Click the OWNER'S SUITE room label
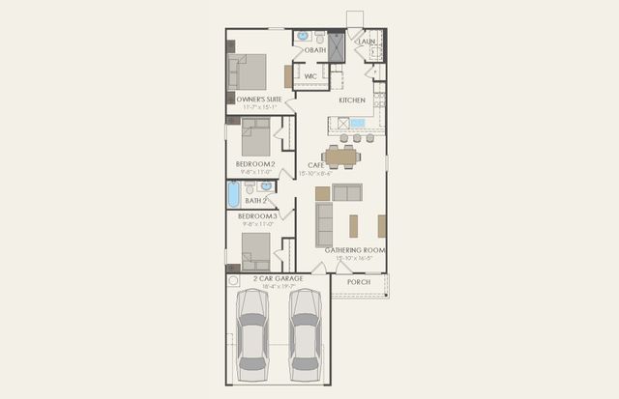[259, 99]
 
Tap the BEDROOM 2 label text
[256, 164]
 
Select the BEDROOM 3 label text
[257, 215]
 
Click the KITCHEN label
[351, 100]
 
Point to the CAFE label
[315, 165]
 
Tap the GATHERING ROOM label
[355, 250]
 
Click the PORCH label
[359, 282]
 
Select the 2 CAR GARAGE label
[279, 278]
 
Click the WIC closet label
[310, 75]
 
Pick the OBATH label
[315, 49]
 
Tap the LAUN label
[367, 42]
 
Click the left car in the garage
[252, 334]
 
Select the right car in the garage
[306, 334]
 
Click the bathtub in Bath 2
[233, 194]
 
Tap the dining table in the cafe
[341, 156]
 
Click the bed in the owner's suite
[249, 71]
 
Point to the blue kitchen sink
[358, 123]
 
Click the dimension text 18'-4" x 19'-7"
[279, 287]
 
